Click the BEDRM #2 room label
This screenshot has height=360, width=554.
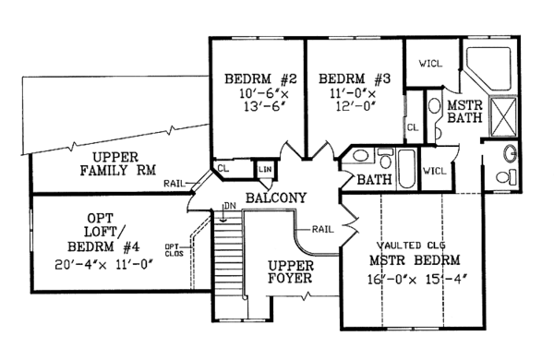tap(260, 78)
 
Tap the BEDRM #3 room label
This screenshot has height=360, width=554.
tap(355, 78)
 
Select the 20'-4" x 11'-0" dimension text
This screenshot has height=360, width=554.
tap(103, 265)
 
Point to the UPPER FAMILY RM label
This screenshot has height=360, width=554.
tap(117, 164)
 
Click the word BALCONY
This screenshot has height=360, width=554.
tap(276, 198)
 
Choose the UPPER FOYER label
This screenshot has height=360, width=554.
tap(291, 271)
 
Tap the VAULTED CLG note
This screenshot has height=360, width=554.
tap(411, 246)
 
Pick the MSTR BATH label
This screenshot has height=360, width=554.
tap(465, 112)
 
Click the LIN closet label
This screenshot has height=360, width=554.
tap(265, 170)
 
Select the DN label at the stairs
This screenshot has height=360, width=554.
tap(230, 206)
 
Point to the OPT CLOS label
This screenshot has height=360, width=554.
tap(175, 250)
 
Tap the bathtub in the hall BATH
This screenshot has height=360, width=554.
tap(406, 169)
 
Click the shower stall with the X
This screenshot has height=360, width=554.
tap(504, 117)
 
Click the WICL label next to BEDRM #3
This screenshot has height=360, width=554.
tap(430, 64)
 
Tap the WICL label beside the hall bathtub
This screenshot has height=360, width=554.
tap(435, 171)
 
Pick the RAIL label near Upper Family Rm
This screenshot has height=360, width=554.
tap(175, 184)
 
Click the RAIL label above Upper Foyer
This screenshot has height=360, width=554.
tap(322, 230)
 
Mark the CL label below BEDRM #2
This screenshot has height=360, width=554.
tap(223, 168)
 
